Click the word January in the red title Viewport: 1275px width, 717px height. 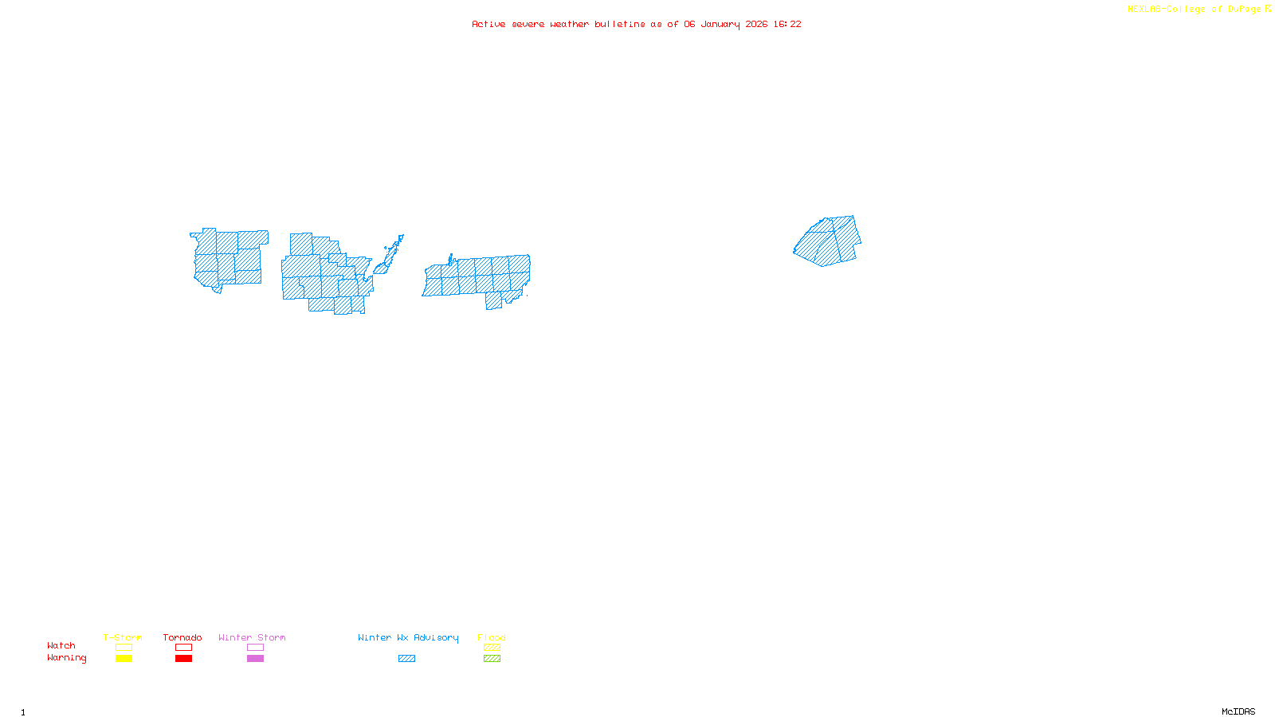(x=720, y=24)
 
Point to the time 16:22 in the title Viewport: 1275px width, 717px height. (x=787, y=24)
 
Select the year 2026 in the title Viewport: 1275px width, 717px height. (x=756, y=24)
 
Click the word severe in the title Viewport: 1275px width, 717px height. (x=528, y=24)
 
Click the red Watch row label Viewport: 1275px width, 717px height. (x=61, y=645)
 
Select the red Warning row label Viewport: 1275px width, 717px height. (x=66, y=658)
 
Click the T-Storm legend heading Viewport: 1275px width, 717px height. (x=123, y=637)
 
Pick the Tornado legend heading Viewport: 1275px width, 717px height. (x=182, y=637)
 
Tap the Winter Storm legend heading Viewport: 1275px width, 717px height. (x=252, y=637)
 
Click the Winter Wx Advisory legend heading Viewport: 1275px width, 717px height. (x=408, y=637)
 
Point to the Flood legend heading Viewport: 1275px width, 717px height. (x=492, y=637)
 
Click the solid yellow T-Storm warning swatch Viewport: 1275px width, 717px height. (x=124, y=659)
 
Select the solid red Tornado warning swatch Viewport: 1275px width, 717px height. (x=183, y=659)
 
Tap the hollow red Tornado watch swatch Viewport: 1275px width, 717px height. (x=183, y=648)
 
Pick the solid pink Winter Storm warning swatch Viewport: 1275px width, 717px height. (x=255, y=659)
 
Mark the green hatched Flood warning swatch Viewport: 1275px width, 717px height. (x=492, y=659)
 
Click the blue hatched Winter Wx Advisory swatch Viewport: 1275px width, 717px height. (x=406, y=659)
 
